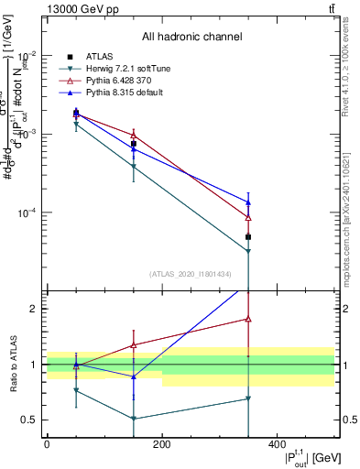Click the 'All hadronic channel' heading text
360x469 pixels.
pyautogui.click(x=192, y=38)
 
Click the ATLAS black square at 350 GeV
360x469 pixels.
pyautogui.click(x=248, y=237)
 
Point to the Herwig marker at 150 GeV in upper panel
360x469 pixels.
pyautogui.click(x=134, y=167)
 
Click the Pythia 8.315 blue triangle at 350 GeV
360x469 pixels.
pyautogui.click(x=248, y=202)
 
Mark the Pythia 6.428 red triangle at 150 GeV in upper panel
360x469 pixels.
pyautogui.click(x=134, y=136)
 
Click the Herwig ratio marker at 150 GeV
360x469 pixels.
pyautogui.click(x=134, y=419)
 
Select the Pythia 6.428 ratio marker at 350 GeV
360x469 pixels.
pyautogui.click(x=248, y=319)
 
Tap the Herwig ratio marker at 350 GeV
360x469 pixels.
pyautogui.click(x=248, y=398)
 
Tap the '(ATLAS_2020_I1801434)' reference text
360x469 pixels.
pyautogui.click(x=191, y=274)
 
